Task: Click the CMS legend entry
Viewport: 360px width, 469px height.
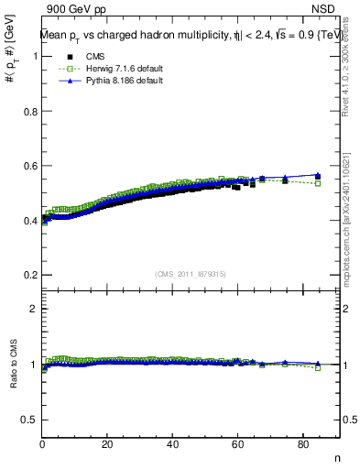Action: pyautogui.click(x=83, y=57)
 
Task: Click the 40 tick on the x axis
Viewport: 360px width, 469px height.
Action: pyautogui.click(x=172, y=445)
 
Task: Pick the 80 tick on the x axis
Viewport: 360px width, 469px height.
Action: pyautogui.click(x=302, y=445)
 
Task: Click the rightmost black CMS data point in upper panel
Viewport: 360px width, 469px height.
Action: pyautogui.click(x=318, y=177)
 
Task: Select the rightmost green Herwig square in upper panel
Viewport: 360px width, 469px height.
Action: pyautogui.click(x=318, y=183)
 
